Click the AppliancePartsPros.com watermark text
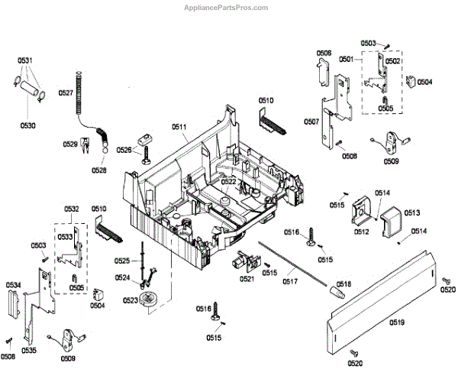tap(227, 8)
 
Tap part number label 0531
tap(26, 60)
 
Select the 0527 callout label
tap(65, 92)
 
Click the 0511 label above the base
tap(179, 126)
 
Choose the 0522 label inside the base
tap(229, 181)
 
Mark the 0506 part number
tap(324, 53)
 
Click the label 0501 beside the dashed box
tap(347, 59)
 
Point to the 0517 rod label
tap(289, 282)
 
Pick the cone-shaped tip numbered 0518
tap(333, 291)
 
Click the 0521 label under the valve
tap(247, 279)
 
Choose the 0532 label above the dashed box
tap(72, 209)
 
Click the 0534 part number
tap(13, 285)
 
